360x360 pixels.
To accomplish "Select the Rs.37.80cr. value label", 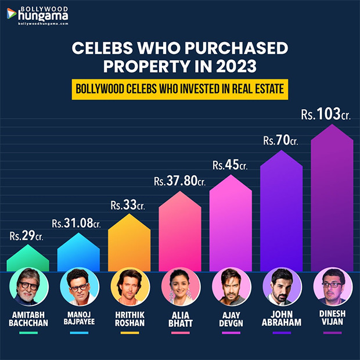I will coord(180,181).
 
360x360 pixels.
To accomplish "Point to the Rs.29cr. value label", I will coord(28,236).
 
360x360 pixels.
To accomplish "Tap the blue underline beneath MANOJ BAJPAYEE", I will coord(79,333).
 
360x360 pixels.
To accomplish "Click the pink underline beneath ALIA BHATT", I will coord(180,333).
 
